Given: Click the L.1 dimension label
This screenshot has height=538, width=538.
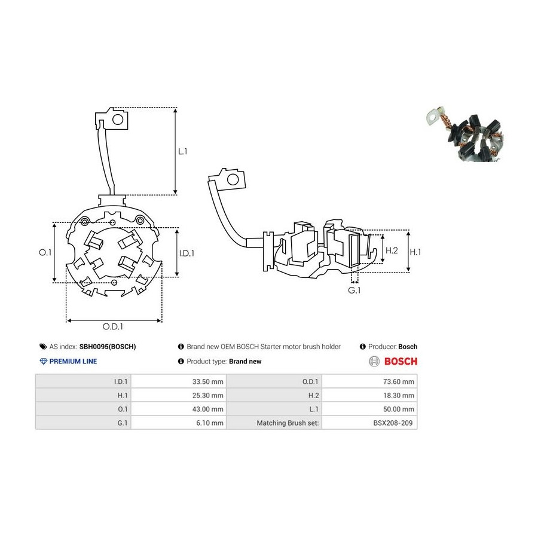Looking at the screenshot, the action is pyautogui.click(x=182, y=151).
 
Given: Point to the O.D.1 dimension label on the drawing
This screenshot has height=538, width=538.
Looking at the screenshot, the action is pyautogui.click(x=113, y=326).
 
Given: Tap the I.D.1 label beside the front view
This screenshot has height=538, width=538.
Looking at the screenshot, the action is pyautogui.click(x=187, y=253).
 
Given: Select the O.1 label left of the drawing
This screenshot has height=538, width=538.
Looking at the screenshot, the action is pyautogui.click(x=45, y=252).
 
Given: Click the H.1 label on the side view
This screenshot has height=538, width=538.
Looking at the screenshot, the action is pyautogui.click(x=415, y=252).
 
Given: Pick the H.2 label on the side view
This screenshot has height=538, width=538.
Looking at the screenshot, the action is pyautogui.click(x=392, y=250).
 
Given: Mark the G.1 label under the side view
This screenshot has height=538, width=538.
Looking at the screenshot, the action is pyautogui.click(x=354, y=291).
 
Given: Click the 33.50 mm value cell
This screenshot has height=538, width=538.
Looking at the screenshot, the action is pyautogui.click(x=178, y=381).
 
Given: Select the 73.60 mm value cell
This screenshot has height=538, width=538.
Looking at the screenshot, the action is pyautogui.click(x=369, y=381).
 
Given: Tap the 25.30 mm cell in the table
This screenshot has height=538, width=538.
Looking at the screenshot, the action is pyautogui.click(x=178, y=395).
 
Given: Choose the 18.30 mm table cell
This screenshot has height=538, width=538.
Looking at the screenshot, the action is pyautogui.click(x=369, y=395).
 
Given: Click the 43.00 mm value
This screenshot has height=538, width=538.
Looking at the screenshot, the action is pyautogui.click(x=207, y=409).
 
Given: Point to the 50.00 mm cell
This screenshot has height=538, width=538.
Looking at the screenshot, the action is pyautogui.click(x=369, y=409).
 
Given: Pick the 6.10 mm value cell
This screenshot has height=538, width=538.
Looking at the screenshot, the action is pyautogui.click(x=178, y=423).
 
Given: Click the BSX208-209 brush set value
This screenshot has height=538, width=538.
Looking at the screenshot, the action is pyautogui.click(x=393, y=423).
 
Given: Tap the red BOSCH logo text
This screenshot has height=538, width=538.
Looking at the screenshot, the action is pyautogui.click(x=401, y=361).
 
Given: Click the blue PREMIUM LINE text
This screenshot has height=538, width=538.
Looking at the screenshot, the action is pyautogui.click(x=73, y=361).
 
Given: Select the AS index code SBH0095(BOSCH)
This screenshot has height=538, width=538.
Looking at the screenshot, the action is pyautogui.click(x=108, y=347).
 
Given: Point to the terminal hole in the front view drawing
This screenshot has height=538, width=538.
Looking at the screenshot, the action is pyautogui.click(x=118, y=120).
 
